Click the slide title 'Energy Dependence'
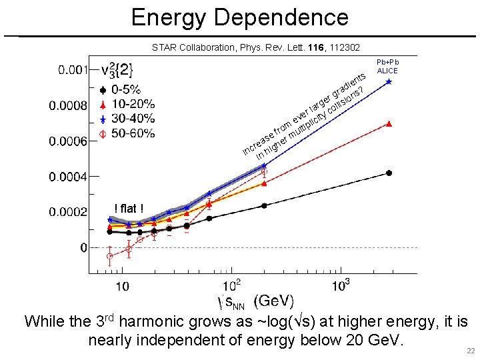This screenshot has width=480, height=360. coord(239,17)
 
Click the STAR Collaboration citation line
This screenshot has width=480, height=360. coord(255,47)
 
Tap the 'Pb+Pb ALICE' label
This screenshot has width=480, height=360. coord(387,65)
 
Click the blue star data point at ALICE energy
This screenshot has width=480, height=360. coord(389,82)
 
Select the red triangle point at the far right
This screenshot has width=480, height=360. coord(389,124)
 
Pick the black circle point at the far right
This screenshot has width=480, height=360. coord(389,173)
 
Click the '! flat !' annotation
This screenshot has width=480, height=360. coord(129,209)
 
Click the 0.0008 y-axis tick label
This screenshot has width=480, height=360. coord(67,105)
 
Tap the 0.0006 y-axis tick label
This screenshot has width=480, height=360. coord(67,141)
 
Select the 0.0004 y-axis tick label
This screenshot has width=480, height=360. coord(67,177)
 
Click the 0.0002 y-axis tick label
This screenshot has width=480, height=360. coord(67,212)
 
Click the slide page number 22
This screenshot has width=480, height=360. coord(470,351)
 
